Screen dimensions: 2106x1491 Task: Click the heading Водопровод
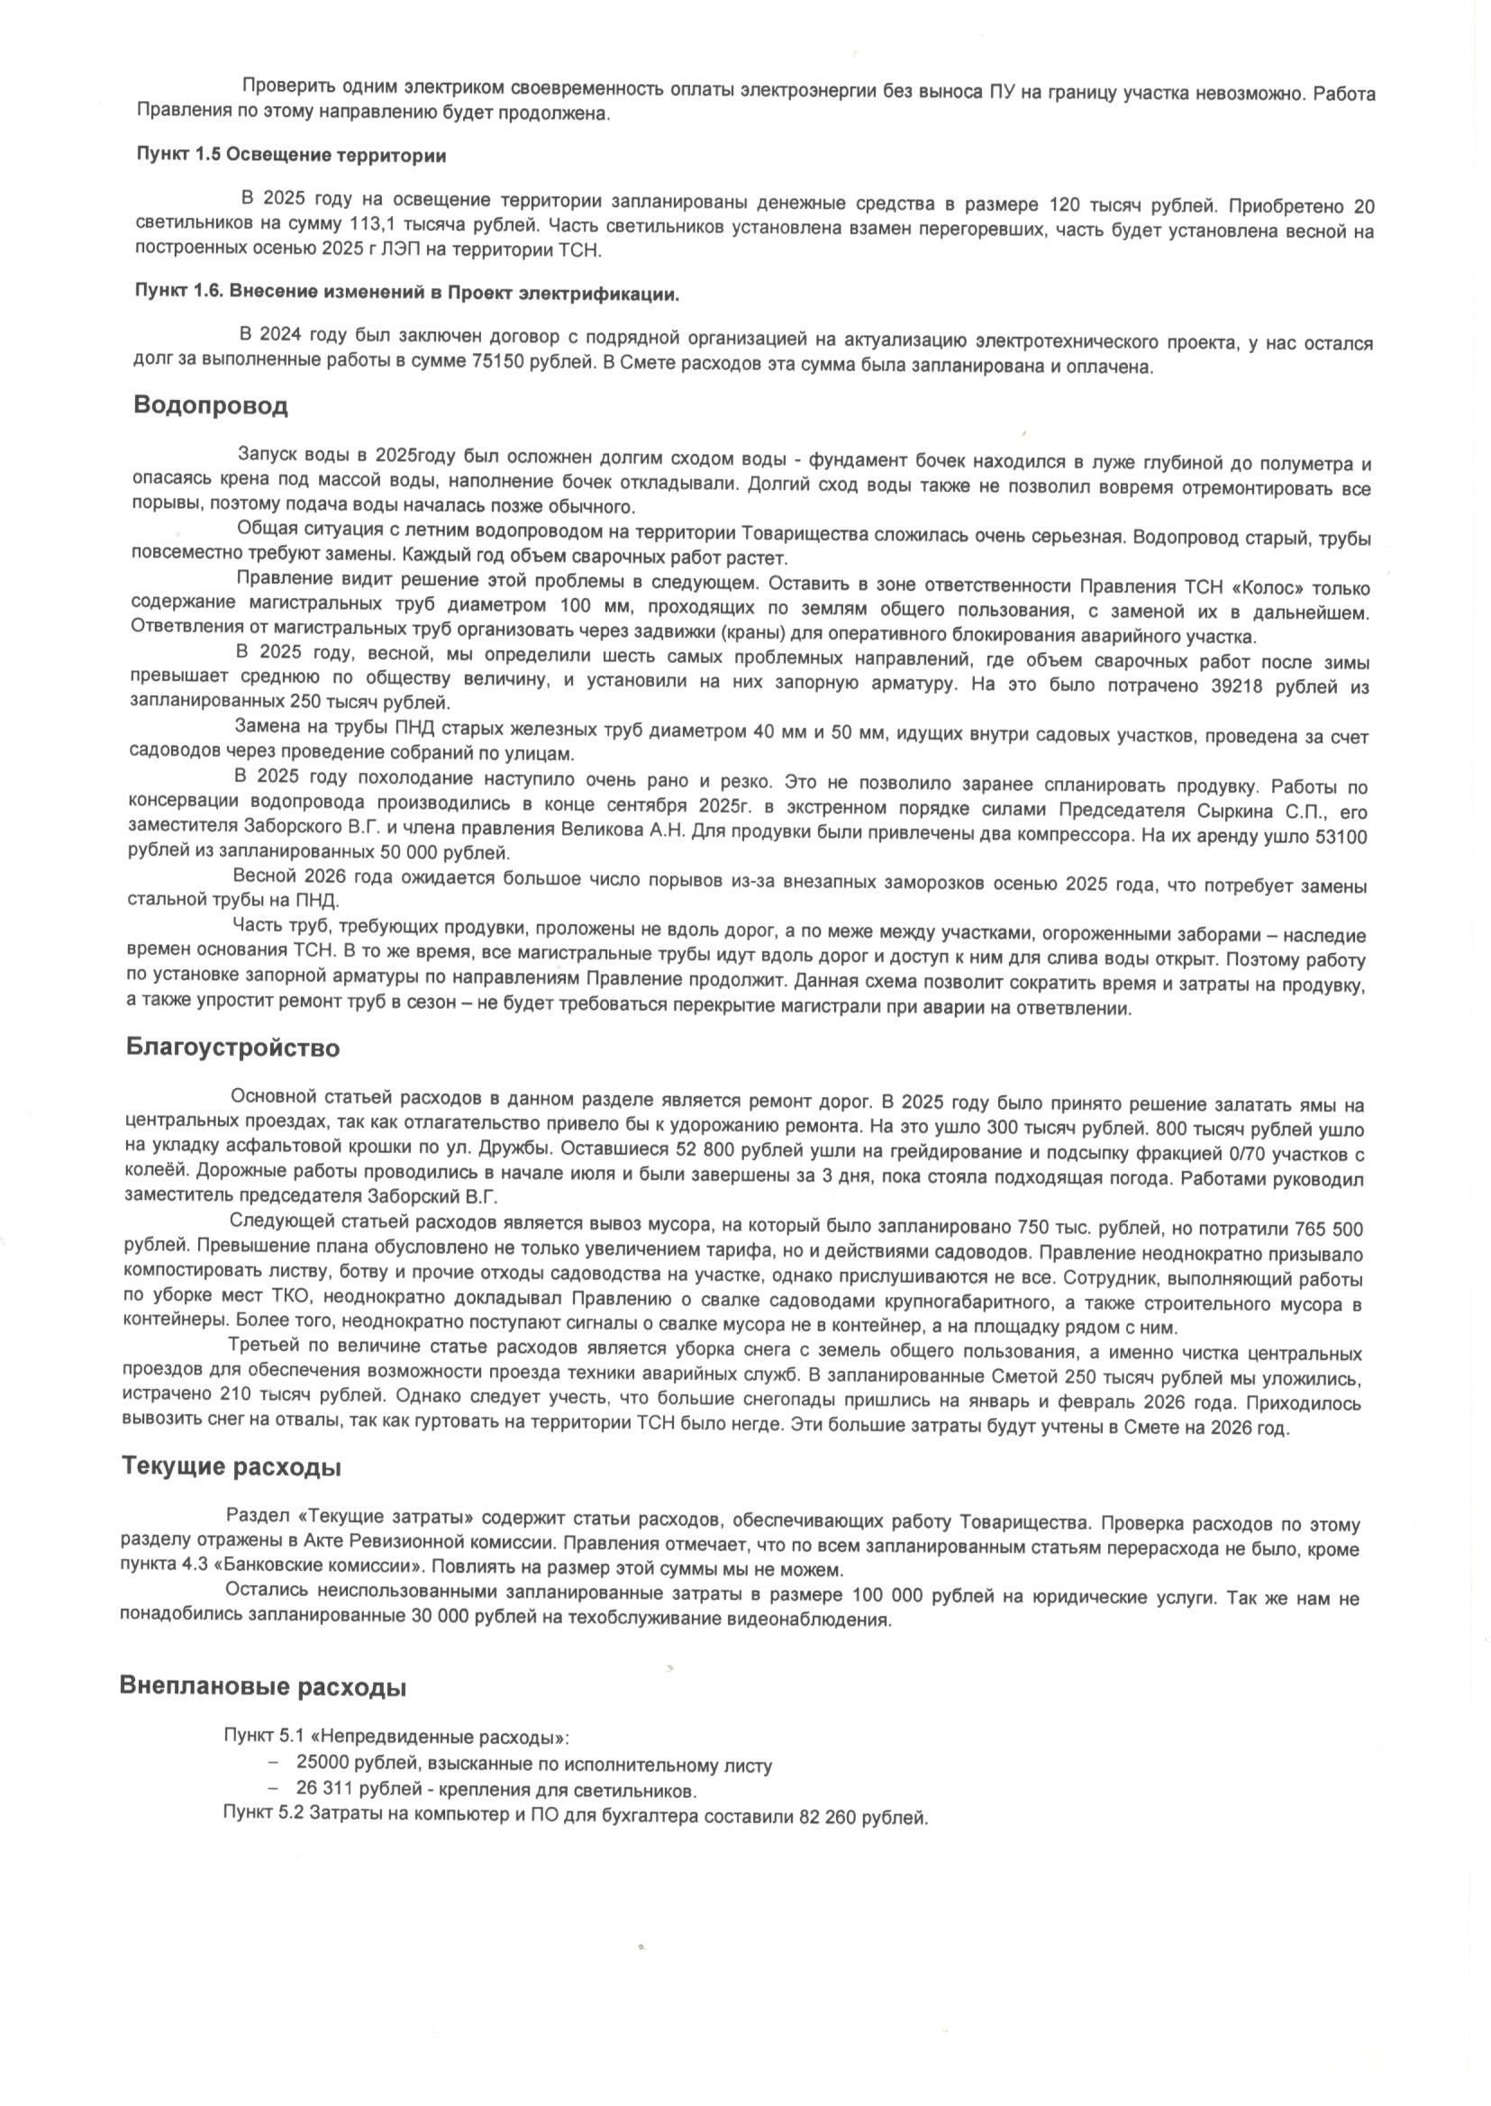(210, 405)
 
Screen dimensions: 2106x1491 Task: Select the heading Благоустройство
(232, 1048)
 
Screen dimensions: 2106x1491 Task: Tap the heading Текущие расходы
(232, 1466)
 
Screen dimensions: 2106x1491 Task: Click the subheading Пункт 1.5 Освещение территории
(291, 155)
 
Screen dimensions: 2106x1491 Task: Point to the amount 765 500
(1329, 1229)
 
